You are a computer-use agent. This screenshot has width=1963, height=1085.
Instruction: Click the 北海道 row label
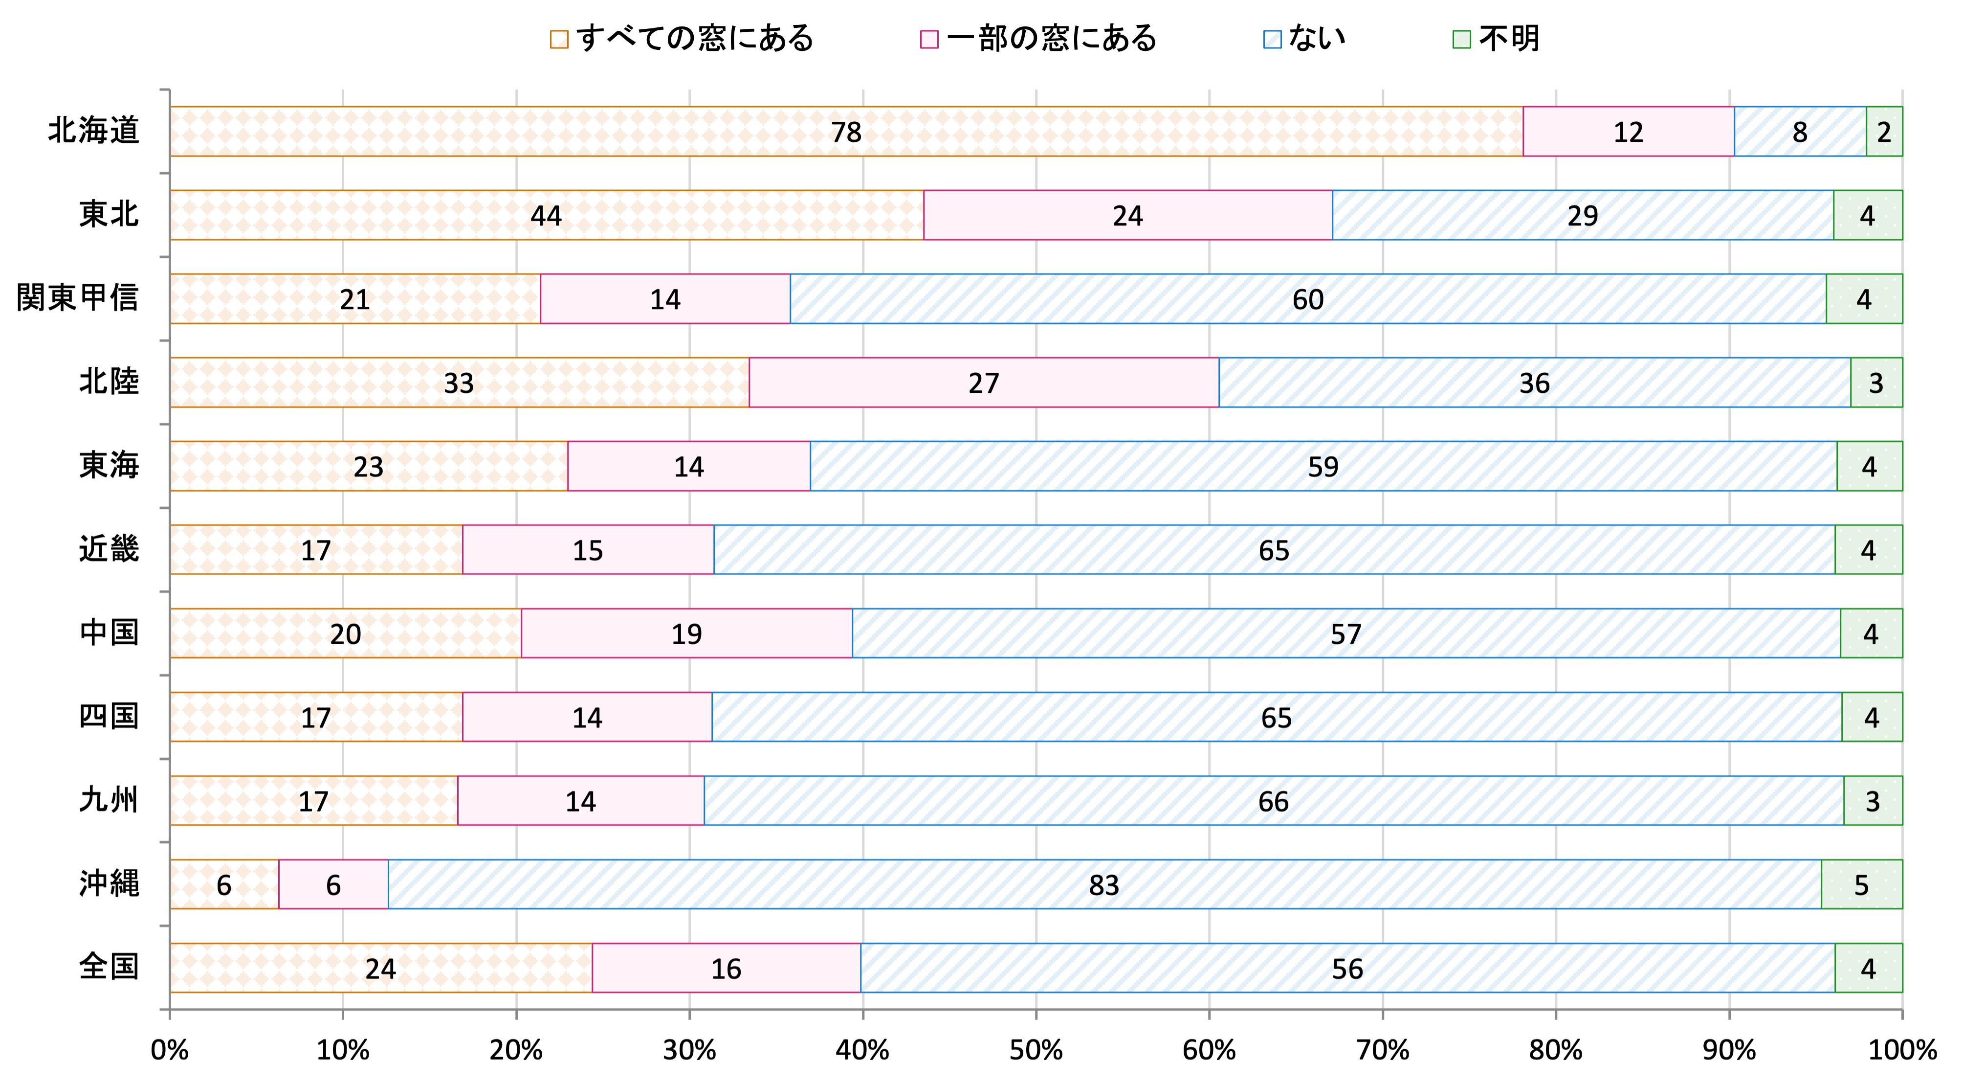tap(94, 131)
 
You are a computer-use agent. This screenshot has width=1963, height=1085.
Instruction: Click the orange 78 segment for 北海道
tap(846, 131)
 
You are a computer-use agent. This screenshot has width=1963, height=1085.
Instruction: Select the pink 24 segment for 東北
tap(1128, 215)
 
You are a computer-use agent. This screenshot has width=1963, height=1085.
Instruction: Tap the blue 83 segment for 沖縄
tap(1103, 884)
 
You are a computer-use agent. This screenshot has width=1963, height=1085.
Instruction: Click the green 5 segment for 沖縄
tap(1862, 884)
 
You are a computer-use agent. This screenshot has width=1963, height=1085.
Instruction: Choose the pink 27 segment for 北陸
tap(984, 382)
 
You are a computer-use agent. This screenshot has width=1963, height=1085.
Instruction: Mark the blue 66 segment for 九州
tap(1273, 801)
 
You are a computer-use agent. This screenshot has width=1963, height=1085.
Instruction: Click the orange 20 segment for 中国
tap(345, 633)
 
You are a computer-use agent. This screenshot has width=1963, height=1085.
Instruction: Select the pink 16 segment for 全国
tap(726, 968)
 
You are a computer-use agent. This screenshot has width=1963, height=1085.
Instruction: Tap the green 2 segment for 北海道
tap(1884, 131)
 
